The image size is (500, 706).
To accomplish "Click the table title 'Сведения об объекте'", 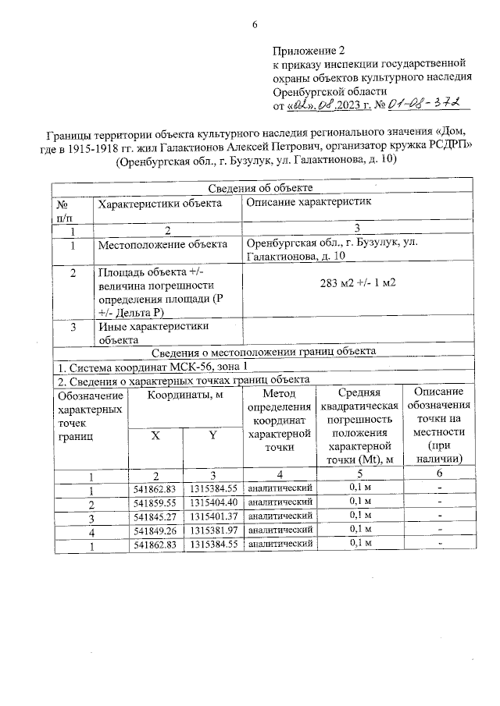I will click(x=262, y=187).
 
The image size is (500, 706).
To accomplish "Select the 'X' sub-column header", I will click(x=155, y=435).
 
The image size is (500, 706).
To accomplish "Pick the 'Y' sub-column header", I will click(x=212, y=435).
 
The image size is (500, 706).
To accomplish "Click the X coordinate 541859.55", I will click(x=155, y=502).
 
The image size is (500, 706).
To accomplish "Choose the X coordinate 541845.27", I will click(x=155, y=516).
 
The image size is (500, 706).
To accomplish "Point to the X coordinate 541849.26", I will click(x=155, y=530).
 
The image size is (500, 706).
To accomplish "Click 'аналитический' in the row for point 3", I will click(x=280, y=516).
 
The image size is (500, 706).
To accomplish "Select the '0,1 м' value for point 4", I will click(x=359, y=530).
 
